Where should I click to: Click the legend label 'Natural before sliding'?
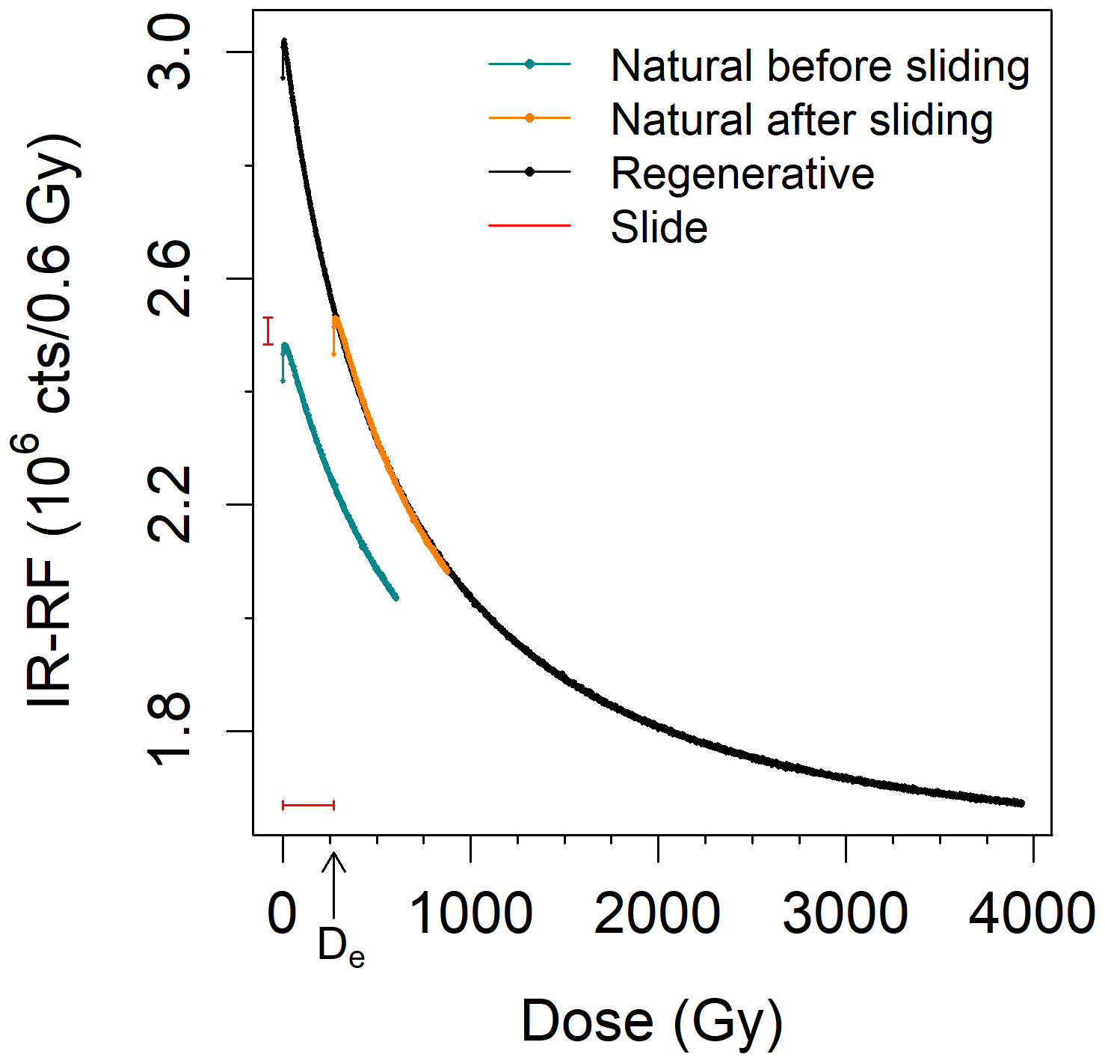click(x=819, y=66)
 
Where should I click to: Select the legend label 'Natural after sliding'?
click(x=801, y=120)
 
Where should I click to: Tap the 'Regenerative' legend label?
click(x=742, y=174)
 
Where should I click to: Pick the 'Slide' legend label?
click(x=659, y=227)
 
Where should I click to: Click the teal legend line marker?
click(x=529, y=64)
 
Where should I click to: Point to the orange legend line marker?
click(x=529, y=118)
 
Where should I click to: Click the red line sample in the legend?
click(x=529, y=225)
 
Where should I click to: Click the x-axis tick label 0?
click(x=283, y=914)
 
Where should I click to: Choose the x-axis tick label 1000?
click(x=471, y=914)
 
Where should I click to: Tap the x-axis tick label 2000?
click(x=658, y=914)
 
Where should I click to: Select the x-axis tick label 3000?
click(x=846, y=914)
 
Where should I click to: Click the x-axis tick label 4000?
click(x=1032, y=914)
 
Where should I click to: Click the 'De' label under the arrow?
click(x=341, y=947)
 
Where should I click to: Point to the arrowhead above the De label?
click(x=333, y=857)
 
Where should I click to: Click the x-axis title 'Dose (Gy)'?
click(x=652, y=1022)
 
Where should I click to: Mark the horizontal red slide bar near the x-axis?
click(x=308, y=806)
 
